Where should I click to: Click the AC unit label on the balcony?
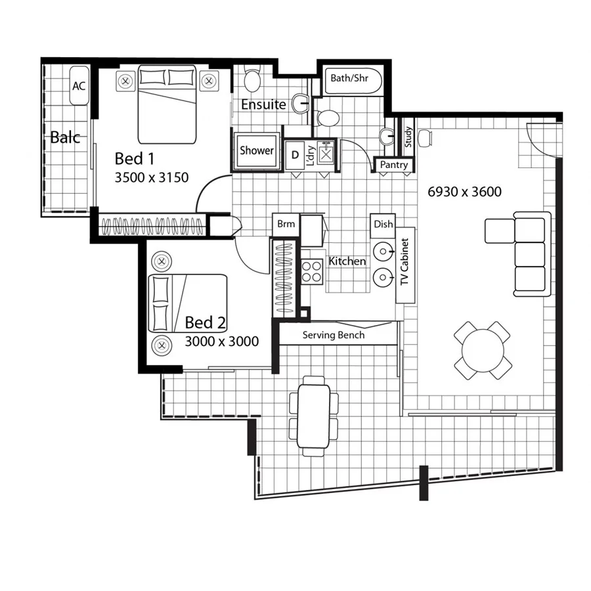coord(79,86)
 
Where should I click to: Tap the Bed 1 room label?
coord(134,158)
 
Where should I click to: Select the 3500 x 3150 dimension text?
coord(151,177)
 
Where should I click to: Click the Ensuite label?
coord(263,104)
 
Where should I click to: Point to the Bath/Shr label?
coord(349,78)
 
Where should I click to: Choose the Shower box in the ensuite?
coord(256,150)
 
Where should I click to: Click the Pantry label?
coord(394,165)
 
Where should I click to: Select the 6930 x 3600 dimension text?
coord(464,192)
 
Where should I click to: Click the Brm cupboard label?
coord(286,224)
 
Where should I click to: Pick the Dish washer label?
coord(383,224)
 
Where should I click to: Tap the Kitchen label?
coord(347,261)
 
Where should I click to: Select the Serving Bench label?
coord(333,335)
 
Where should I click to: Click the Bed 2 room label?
coord(205,322)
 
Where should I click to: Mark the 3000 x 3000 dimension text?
coord(221,341)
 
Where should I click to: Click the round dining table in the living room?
coord(482,350)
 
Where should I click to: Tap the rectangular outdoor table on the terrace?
coord(314,416)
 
